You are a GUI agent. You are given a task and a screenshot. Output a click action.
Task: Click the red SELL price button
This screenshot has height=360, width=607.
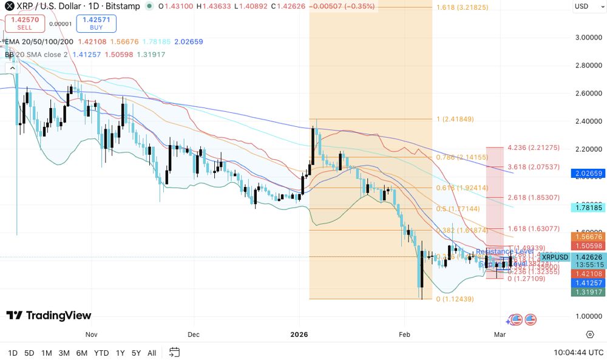[x=24, y=23]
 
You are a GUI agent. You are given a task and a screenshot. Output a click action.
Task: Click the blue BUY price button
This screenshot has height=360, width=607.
[x=96, y=23]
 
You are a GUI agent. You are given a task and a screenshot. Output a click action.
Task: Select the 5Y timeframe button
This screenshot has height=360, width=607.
[x=136, y=353]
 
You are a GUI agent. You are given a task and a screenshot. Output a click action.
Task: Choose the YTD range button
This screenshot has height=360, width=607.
[x=101, y=353]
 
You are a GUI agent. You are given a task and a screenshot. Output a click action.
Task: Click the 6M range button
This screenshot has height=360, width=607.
[x=81, y=353]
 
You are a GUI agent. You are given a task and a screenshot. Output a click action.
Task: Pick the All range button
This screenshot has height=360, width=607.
[x=152, y=353]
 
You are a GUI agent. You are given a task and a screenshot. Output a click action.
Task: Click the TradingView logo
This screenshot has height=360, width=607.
[x=49, y=315]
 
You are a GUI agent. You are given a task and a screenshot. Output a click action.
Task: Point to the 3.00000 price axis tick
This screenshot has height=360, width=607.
[x=588, y=37]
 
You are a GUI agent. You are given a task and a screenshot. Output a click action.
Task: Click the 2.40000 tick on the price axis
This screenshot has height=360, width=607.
[x=588, y=121]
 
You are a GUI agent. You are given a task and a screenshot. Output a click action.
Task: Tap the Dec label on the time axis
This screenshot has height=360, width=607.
[x=194, y=335]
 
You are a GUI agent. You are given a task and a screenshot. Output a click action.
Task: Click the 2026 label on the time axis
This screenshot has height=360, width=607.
[x=299, y=335]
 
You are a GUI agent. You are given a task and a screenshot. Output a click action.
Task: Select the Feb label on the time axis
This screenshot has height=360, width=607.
[x=404, y=335]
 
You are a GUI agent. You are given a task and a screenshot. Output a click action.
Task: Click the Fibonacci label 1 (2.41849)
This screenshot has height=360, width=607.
[x=455, y=119]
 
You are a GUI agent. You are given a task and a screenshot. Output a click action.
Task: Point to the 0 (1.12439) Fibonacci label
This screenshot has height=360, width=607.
[x=455, y=299]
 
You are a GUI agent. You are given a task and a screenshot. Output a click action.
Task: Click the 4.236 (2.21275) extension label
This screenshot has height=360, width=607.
[x=534, y=147]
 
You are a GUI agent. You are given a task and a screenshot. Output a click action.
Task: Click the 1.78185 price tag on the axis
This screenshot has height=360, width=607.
[x=588, y=208]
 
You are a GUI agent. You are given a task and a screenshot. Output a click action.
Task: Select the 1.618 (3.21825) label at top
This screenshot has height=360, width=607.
[x=462, y=8]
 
